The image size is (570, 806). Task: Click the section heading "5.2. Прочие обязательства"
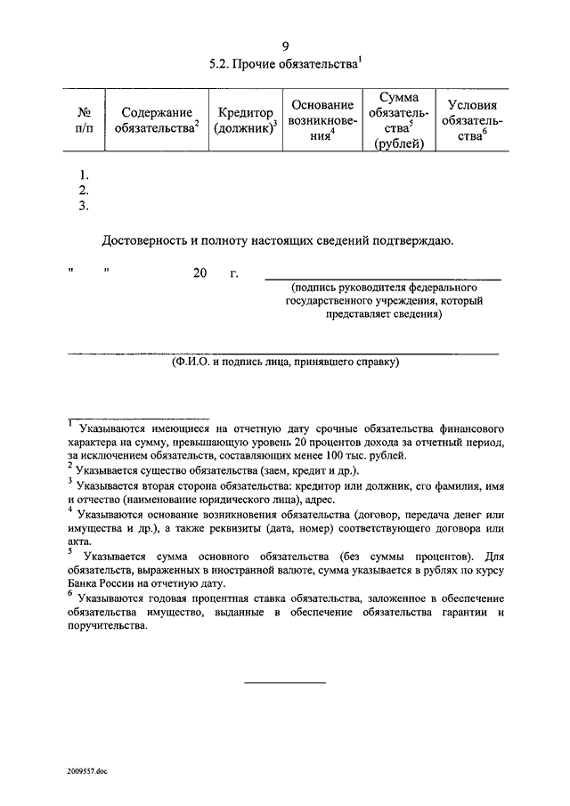(x=285, y=65)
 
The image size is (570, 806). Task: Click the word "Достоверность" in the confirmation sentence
(x=146, y=240)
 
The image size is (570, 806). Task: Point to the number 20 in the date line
(x=199, y=273)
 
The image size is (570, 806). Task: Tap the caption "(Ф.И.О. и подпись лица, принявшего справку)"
(x=285, y=362)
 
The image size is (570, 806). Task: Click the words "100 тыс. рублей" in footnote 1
(x=364, y=454)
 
